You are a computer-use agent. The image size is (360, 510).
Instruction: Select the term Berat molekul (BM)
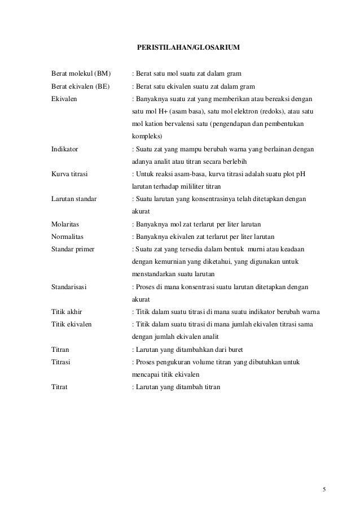81,73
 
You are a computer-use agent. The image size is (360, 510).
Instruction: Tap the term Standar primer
73,249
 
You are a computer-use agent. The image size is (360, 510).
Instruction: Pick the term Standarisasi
69,287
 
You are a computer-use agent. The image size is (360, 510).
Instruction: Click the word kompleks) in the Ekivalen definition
146,137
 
